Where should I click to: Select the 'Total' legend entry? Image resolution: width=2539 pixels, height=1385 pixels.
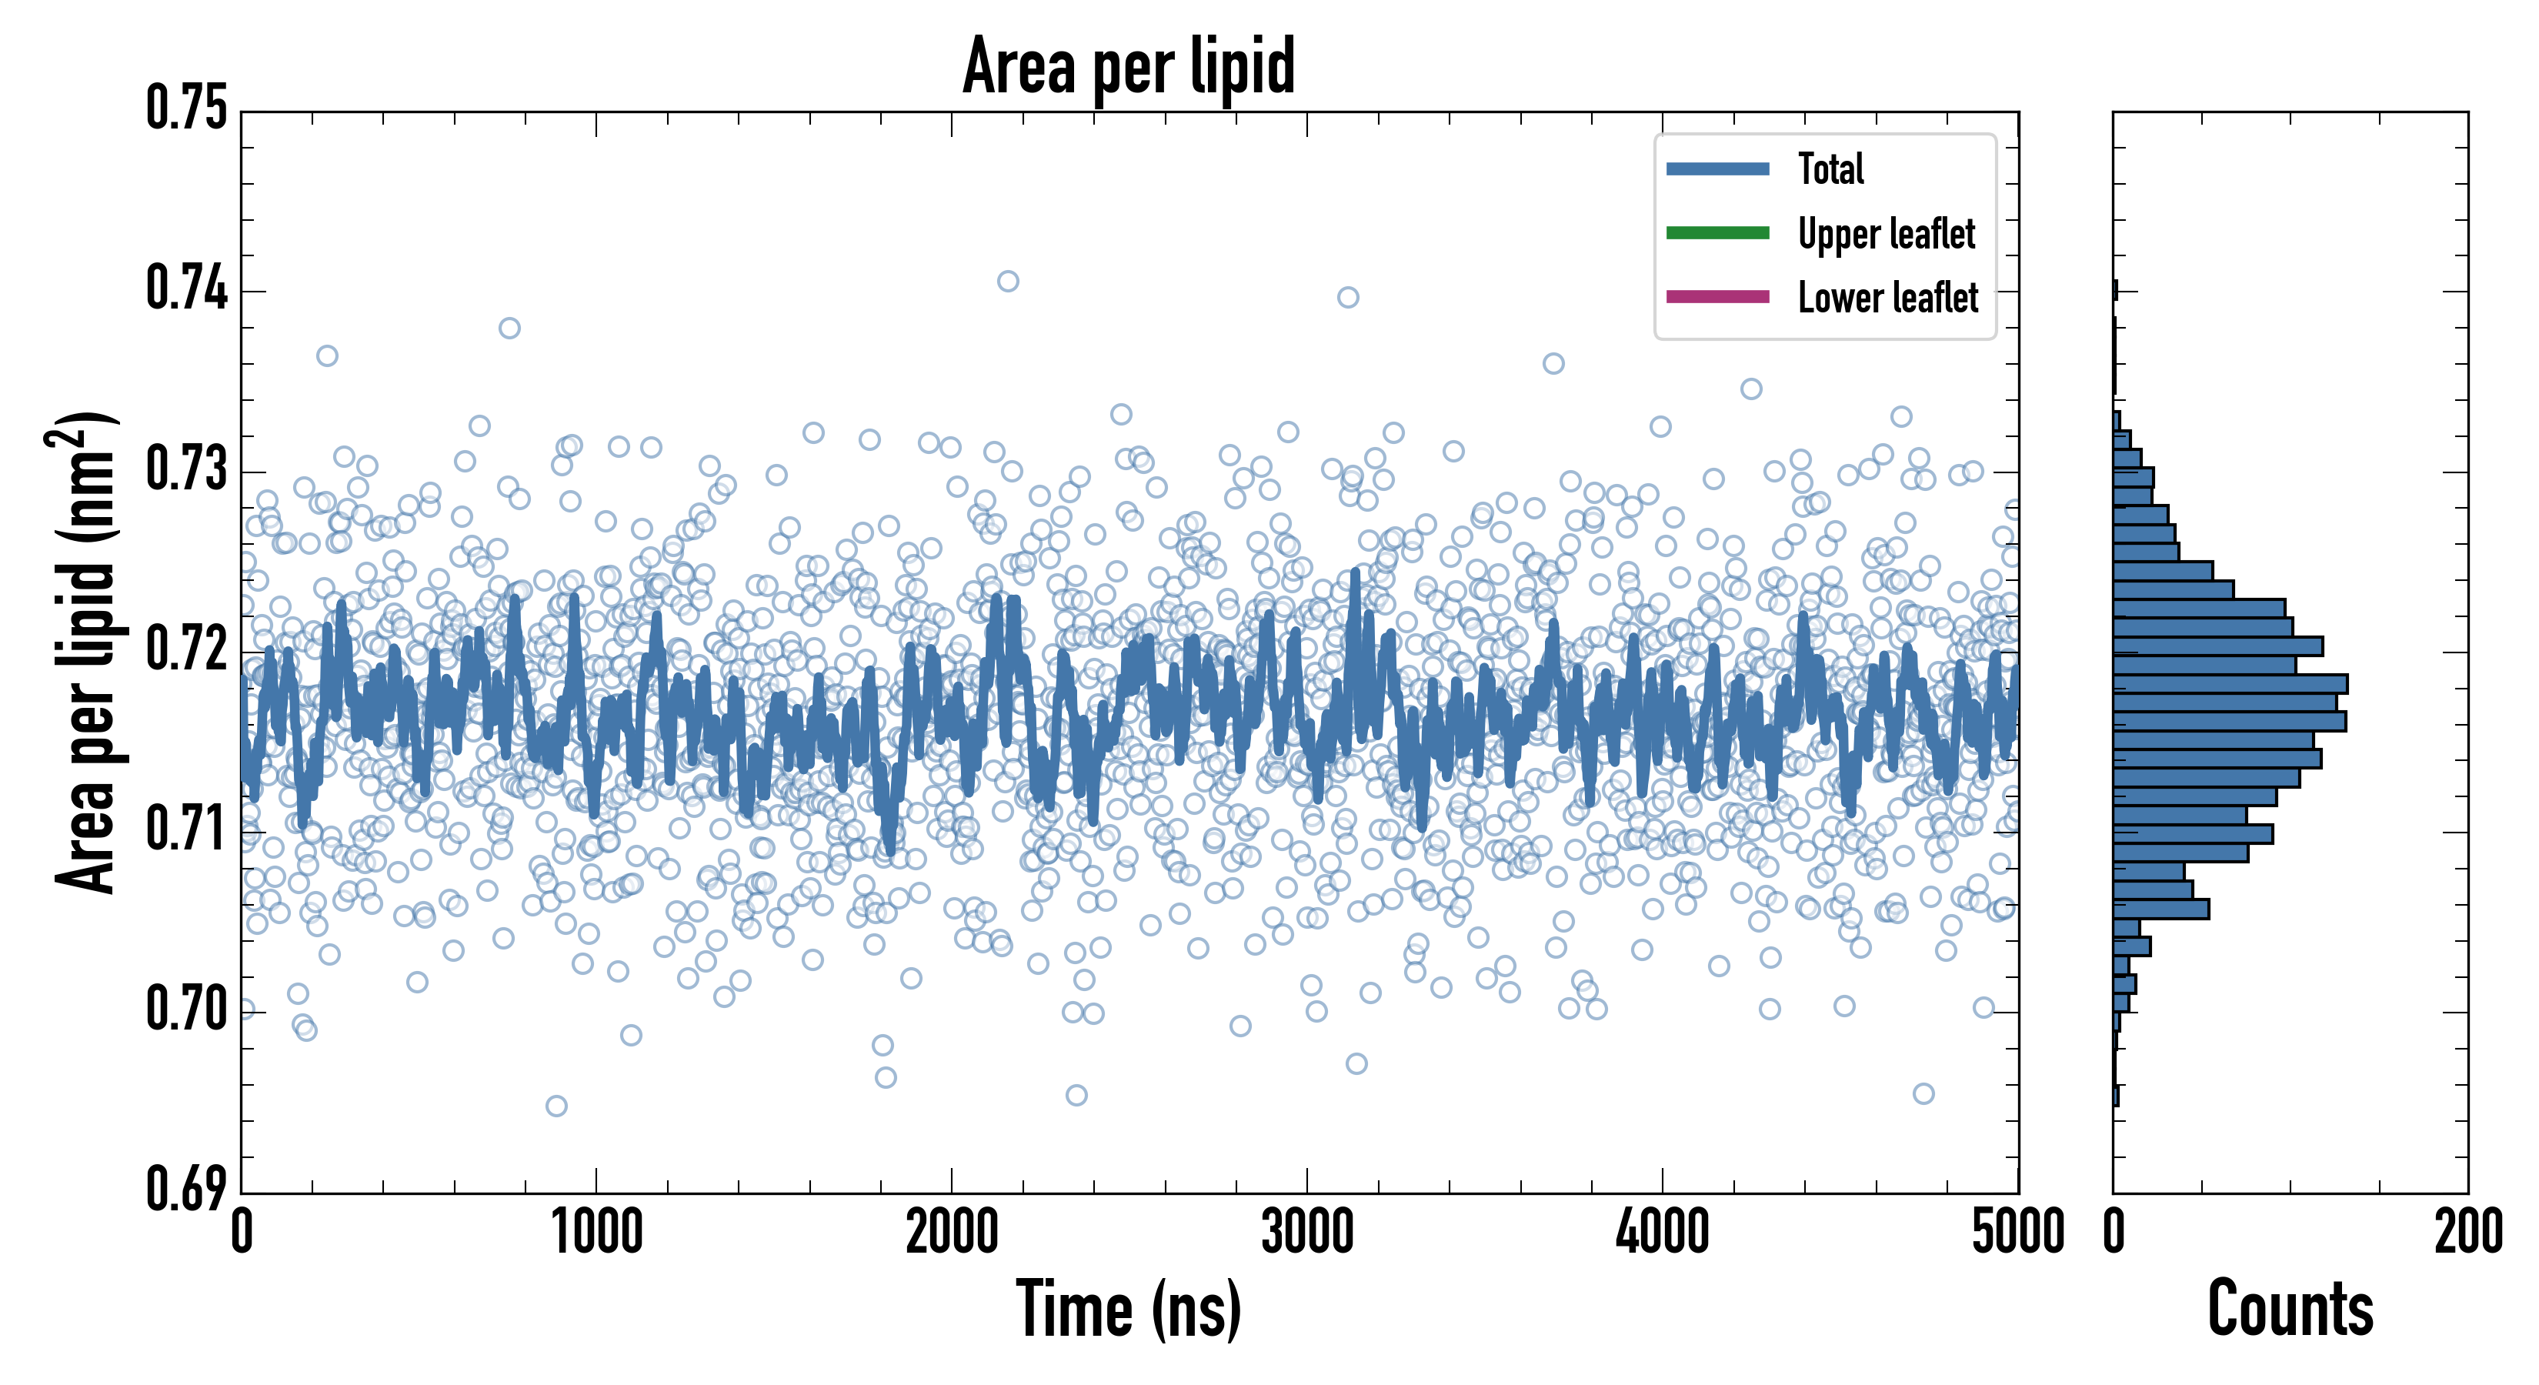(x=1830, y=169)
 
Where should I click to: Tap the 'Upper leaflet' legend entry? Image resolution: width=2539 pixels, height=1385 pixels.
(x=1886, y=234)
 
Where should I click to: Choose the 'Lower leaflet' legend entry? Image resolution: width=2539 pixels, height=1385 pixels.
(x=1887, y=298)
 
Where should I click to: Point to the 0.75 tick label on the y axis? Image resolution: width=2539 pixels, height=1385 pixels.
(x=186, y=108)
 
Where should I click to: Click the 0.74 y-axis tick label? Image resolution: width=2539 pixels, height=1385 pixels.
(x=186, y=290)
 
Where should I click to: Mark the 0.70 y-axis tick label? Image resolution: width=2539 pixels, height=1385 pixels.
(x=186, y=1010)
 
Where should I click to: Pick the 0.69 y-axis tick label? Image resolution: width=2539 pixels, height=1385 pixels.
(x=186, y=1189)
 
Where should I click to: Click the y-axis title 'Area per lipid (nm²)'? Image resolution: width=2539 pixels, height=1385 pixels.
(x=84, y=652)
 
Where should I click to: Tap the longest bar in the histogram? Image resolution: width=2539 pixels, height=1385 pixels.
(x=2230, y=684)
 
